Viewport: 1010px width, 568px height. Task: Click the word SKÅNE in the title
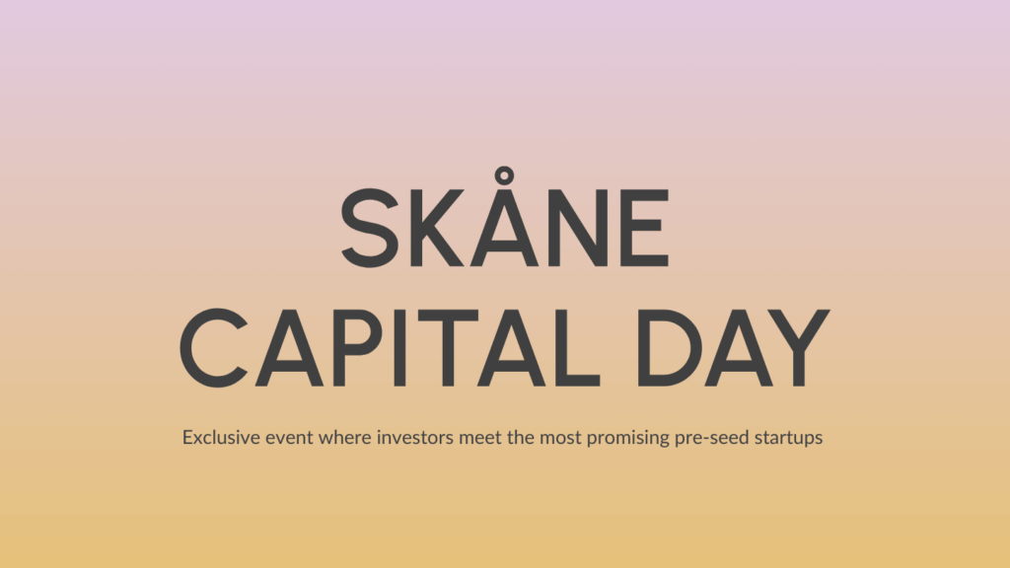504,229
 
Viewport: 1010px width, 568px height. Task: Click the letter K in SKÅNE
434,229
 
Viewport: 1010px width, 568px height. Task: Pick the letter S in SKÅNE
369,229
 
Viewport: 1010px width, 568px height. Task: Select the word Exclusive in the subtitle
218,437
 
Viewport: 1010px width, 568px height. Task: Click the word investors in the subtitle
415,437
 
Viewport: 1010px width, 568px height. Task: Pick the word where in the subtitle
345,437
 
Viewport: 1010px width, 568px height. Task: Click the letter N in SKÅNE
572,229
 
